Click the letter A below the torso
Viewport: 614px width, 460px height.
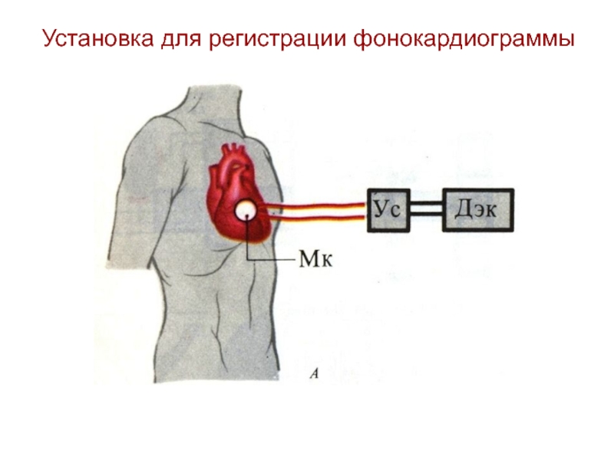pyautogui.click(x=314, y=373)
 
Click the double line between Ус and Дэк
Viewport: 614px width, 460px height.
pyautogui.click(x=427, y=209)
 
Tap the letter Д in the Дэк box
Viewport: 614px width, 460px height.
pyautogui.click(x=461, y=210)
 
